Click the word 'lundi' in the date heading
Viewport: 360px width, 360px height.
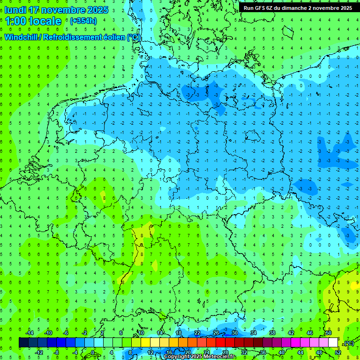(x=15, y=10)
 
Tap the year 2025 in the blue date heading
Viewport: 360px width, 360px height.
(x=97, y=10)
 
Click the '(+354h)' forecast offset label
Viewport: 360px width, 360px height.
(x=83, y=21)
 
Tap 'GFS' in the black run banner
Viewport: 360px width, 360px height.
(x=261, y=8)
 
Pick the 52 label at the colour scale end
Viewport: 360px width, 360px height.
(x=337, y=352)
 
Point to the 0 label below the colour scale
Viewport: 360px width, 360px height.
(x=93, y=352)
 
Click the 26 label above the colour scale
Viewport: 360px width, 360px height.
(x=216, y=333)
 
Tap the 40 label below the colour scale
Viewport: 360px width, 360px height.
(x=281, y=352)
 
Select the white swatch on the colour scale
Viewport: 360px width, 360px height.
(x=333, y=343)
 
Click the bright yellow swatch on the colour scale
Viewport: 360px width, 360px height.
(x=155, y=343)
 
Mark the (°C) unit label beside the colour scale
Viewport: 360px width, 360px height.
(x=348, y=343)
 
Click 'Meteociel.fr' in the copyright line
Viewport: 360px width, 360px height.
(x=220, y=357)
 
